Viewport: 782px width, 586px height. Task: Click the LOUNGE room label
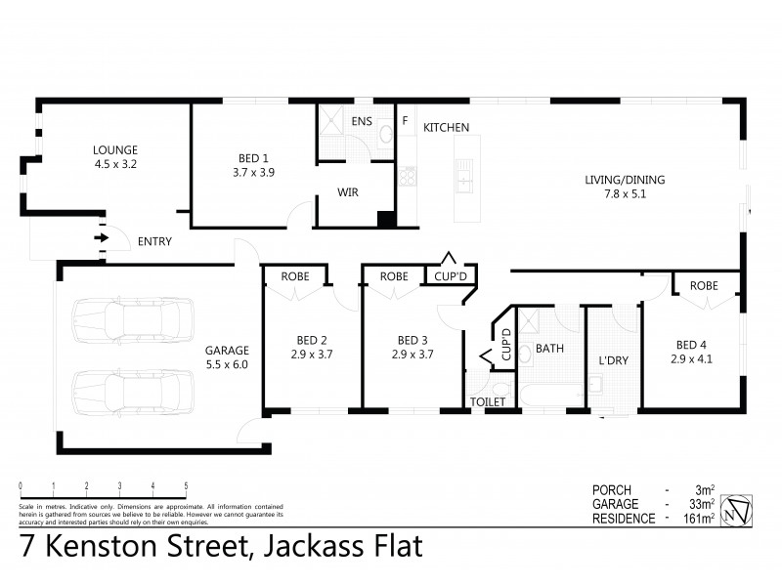(x=113, y=149)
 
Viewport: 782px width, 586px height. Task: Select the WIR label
(x=347, y=192)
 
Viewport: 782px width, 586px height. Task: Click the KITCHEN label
(x=446, y=127)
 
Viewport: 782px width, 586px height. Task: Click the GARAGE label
(x=227, y=350)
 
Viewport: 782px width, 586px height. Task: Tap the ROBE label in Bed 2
(x=294, y=276)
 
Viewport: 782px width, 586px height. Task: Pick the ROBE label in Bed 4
(x=703, y=286)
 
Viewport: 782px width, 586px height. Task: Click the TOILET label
(x=487, y=401)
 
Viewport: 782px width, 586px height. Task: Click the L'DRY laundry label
(x=613, y=360)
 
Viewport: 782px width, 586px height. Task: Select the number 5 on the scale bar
(x=186, y=485)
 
